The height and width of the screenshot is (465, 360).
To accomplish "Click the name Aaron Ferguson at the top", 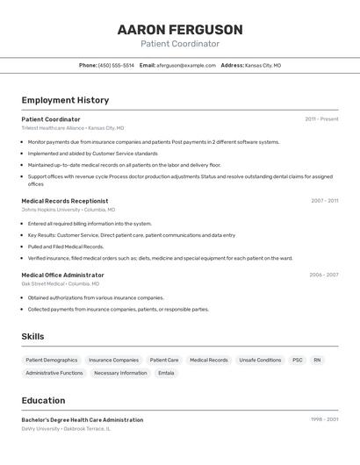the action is [180, 30].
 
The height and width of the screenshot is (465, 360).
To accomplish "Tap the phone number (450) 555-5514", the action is [116, 65].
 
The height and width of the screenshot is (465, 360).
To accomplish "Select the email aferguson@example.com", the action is [186, 65].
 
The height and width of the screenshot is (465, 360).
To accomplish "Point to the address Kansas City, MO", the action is [263, 65].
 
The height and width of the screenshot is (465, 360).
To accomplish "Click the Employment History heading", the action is [65, 100].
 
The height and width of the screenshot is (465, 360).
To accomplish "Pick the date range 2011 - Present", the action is [321, 119].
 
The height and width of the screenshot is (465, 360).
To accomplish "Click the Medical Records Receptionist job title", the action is [65, 201].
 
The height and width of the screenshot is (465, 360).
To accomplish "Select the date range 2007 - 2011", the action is [324, 201].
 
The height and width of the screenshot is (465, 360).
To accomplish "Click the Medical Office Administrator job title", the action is [62, 275].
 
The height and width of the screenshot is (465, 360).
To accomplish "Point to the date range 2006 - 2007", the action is [323, 275].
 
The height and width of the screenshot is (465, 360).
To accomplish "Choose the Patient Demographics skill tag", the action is [52, 360].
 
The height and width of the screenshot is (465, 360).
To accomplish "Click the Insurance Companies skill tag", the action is [113, 360].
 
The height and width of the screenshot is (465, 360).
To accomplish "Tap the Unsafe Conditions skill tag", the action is [260, 360].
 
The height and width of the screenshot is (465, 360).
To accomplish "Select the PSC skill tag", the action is [298, 360].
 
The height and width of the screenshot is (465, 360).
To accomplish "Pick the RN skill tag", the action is [317, 360].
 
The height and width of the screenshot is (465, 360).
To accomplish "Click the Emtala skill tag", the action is [166, 373].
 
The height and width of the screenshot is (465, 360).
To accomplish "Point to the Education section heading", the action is [44, 400].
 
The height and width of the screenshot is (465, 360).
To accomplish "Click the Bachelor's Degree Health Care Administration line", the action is [83, 420].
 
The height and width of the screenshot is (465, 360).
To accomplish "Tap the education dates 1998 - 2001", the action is [324, 420].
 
